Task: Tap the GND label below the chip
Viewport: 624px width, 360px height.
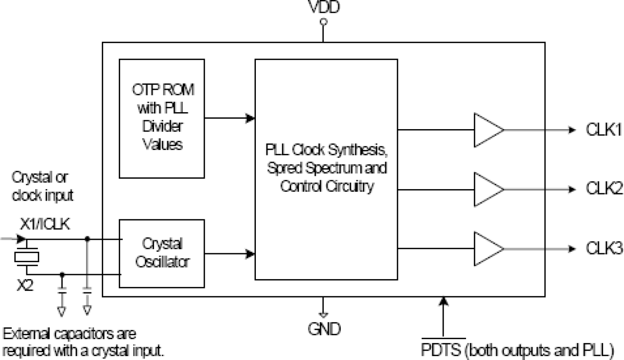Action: (323, 328)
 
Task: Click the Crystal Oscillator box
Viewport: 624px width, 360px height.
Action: (162, 253)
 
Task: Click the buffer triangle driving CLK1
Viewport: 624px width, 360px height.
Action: (487, 130)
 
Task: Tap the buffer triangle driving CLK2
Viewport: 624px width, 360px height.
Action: (487, 189)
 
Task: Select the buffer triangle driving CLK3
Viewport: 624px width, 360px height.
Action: (487, 248)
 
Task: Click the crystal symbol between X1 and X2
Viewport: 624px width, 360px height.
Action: (26, 257)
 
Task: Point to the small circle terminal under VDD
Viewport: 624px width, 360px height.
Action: (323, 22)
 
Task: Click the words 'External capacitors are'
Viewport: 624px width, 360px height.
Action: (70, 333)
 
